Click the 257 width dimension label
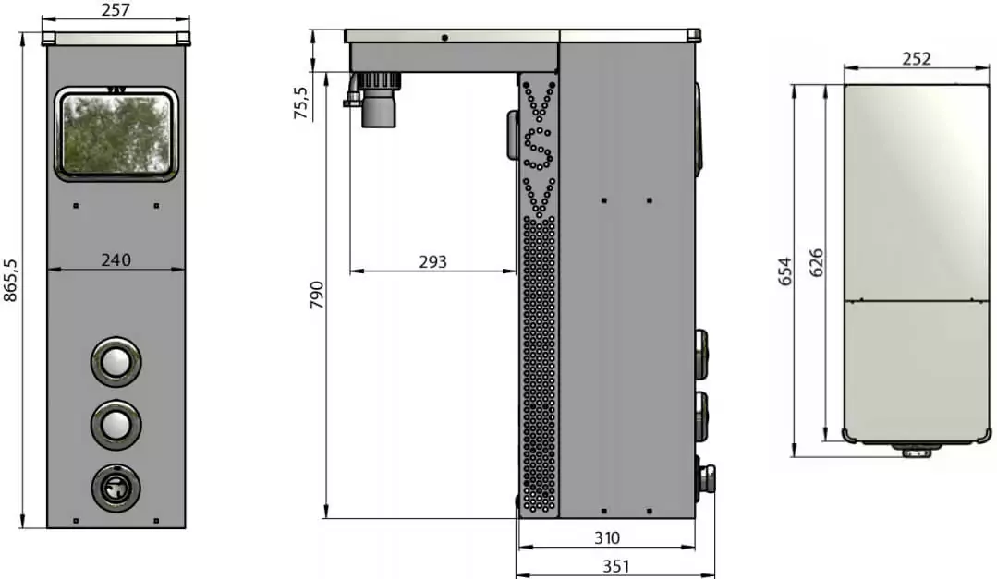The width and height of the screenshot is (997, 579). (x=116, y=10)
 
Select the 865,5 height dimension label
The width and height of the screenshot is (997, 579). (x=11, y=280)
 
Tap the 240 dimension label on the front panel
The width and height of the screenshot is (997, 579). (x=116, y=259)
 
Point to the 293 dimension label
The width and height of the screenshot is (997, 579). (x=433, y=262)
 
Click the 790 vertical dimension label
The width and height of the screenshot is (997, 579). (x=316, y=295)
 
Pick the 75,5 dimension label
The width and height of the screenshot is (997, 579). (x=300, y=103)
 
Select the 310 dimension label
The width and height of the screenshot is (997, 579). (x=606, y=538)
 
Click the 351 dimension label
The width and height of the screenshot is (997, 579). (x=615, y=566)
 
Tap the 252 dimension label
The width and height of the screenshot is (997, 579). (x=917, y=58)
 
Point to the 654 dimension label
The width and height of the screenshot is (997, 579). (x=786, y=271)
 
